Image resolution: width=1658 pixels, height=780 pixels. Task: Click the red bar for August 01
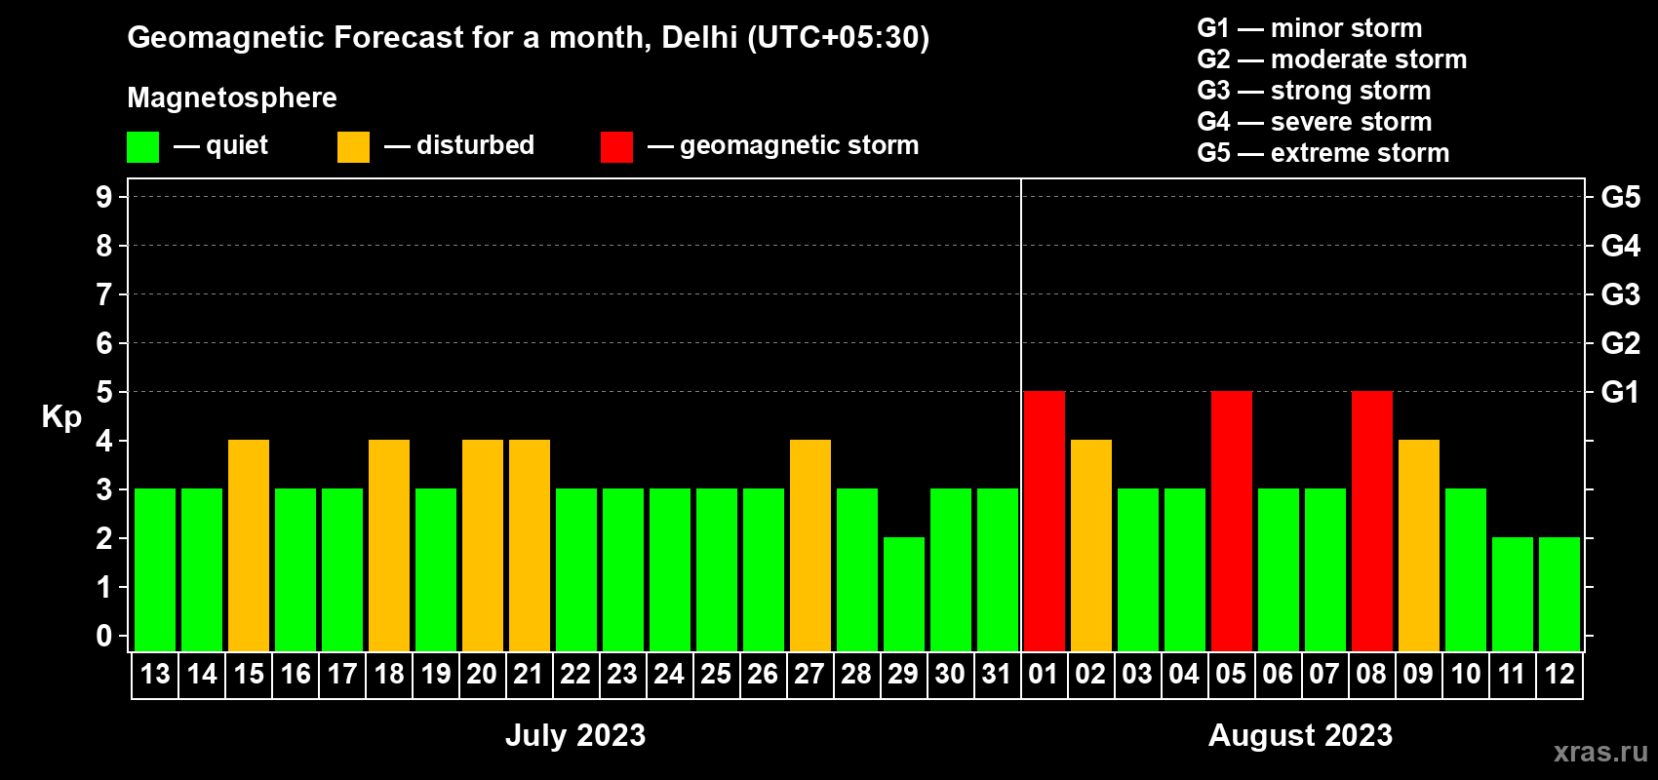[1044, 521]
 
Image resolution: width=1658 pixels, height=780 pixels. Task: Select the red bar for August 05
[1231, 521]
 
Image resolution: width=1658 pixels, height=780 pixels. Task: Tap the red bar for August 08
[1371, 521]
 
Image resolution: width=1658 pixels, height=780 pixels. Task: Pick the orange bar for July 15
[249, 545]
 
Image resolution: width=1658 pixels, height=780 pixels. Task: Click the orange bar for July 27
[809, 545]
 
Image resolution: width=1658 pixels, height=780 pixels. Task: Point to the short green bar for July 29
[903, 594]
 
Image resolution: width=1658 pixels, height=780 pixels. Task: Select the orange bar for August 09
[1418, 545]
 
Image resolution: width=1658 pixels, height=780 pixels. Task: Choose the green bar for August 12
[1559, 594]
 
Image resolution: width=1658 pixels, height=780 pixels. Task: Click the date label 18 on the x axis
[389, 674]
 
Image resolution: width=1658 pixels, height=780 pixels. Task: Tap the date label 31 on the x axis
[997, 674]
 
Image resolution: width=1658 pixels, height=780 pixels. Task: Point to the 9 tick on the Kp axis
[104, 197]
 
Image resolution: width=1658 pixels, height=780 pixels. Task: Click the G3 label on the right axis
[1620, 294]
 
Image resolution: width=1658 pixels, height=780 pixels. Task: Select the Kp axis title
[61, 416]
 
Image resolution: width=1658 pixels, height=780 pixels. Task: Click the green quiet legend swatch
[142, 147]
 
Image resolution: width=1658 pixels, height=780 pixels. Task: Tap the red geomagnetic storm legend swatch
[616, 147]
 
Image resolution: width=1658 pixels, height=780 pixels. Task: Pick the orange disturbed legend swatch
[353, 147]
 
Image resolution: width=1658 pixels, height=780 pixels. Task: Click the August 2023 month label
[1300, 735]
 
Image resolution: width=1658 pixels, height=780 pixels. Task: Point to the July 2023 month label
[575, 735]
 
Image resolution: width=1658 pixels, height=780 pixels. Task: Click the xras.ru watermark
[1600, 752]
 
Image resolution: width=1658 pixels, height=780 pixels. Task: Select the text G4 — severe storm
[1314, 122]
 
